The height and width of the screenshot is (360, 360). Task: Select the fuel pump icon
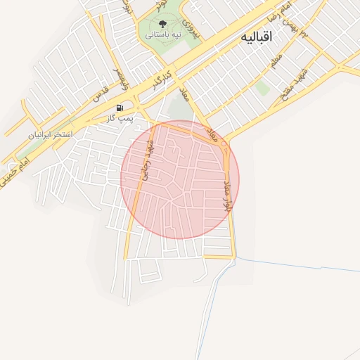120,108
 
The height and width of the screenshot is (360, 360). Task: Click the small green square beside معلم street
262,87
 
